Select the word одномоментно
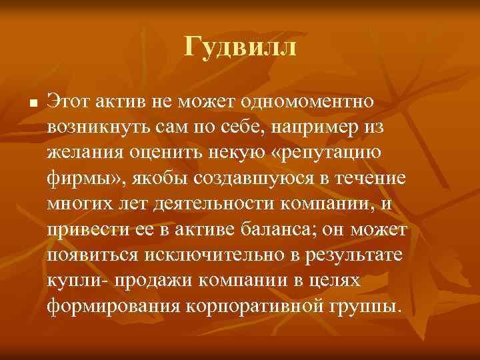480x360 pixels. click(x=311, y=102)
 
